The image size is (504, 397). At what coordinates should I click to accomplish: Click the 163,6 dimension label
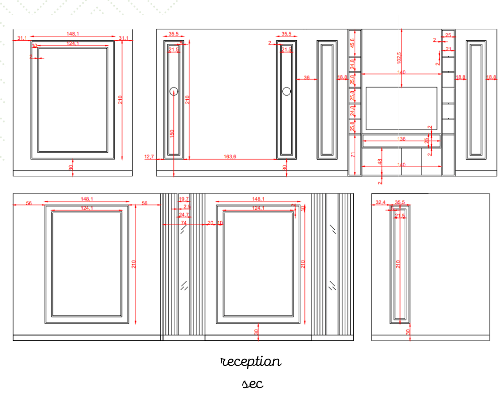pyautogui.click(x=230, y=157)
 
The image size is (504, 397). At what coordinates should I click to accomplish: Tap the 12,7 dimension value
pyautogui.click(x=149, y=157)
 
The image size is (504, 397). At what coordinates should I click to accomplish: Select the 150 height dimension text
pyautogui.click(x=172, y=134)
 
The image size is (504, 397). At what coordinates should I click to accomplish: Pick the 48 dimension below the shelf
pyautogui.click(x=380, y=162)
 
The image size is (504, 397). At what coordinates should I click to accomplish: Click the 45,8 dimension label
pyautogui.click(x=352, y=43)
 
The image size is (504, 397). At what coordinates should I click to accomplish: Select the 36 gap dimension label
pyautogui.click(x=306, y=78)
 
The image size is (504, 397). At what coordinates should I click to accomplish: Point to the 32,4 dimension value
pyautogui.click(x=381, y=203)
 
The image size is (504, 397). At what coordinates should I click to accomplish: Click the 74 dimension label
pyautogui.click(x=183, y=223)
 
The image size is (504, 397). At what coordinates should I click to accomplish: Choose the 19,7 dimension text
pyautogui.click(x=183, y=200)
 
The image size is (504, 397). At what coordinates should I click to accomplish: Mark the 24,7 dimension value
pyautogui.click(x=183, y=215)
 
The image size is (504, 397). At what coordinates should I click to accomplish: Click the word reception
pyautogui.click(x=251, y=362)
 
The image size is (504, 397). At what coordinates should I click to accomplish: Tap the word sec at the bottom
pyautogui.click(x=253, y=384)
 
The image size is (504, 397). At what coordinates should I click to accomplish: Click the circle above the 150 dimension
pyautogui.click(x=174, y=91)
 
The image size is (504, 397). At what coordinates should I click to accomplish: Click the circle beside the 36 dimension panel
pyautogui.click(x=287, y=91)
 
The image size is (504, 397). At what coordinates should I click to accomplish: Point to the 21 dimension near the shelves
pyautogui.click(x=449, y=49)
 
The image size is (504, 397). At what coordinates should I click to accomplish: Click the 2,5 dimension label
pyautogui.click(x=187, y=207)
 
